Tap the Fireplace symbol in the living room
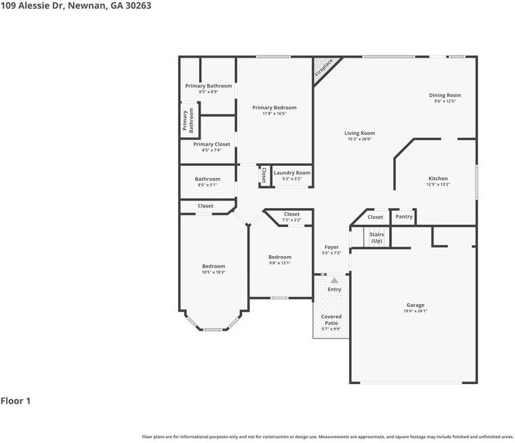tap(323, 68)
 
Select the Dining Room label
tap(445, 96)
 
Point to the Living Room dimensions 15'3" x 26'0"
tap(359, 140)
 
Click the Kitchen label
tap(438, 177)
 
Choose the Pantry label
tap(404, 217)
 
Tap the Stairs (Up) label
tap(376, 237)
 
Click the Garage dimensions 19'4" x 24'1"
tap(415, 312)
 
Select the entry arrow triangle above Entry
tap(334, 280)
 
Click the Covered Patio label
tap(331, 320)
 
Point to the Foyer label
tap(331, 247)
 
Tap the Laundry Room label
tap(292, 173)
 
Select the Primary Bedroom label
tap(274, 108)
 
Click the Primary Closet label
tap(211, 144)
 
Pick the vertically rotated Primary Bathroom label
tap(188, 121)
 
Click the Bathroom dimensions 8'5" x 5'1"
tap(207, 185)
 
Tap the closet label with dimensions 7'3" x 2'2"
tap(291, 220)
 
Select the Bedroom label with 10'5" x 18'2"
tap(213, 266)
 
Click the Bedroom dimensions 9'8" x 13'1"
tap(279, 263)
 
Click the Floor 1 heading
tap(16, 401)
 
